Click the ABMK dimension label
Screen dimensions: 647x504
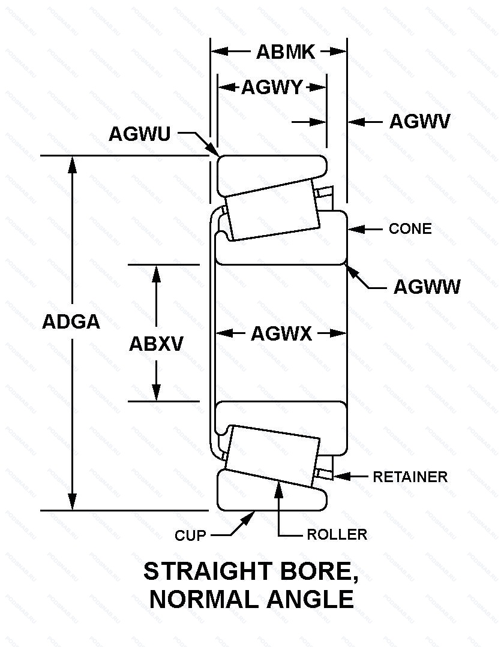click(285, 52)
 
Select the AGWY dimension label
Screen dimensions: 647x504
click(272, 88)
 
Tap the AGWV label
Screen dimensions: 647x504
click(419, 122)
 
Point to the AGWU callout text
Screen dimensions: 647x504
click(139, 134)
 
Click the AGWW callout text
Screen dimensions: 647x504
click(427, 287)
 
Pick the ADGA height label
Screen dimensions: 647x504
click(71, 322)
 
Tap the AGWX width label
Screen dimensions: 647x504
click(281, 333)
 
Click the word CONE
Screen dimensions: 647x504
click(410, 229)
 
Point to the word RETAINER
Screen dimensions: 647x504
click(410, 477)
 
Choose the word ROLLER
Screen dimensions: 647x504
click(337, 534)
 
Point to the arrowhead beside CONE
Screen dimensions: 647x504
click(354, 228)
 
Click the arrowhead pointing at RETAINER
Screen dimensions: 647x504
click(340, 476)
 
